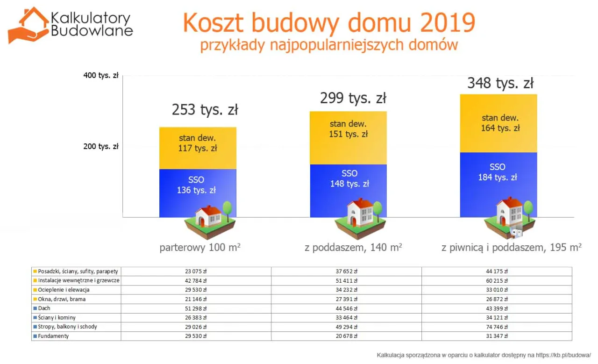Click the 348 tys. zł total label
(x=500, y=83)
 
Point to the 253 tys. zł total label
(x=205, y=110)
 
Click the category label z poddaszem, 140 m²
(x=353, y=248)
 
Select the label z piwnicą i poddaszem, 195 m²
(x=512, y=248)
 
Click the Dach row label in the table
(x=44, y=308)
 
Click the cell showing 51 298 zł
(x=196, y=308)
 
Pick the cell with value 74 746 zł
(x=497, y=327)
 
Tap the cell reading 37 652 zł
(x=346, y=271)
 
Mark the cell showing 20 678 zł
(x=346, y=336)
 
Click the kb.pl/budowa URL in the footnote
(x=566, y=355)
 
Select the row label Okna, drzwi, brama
(x=62, y=299)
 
